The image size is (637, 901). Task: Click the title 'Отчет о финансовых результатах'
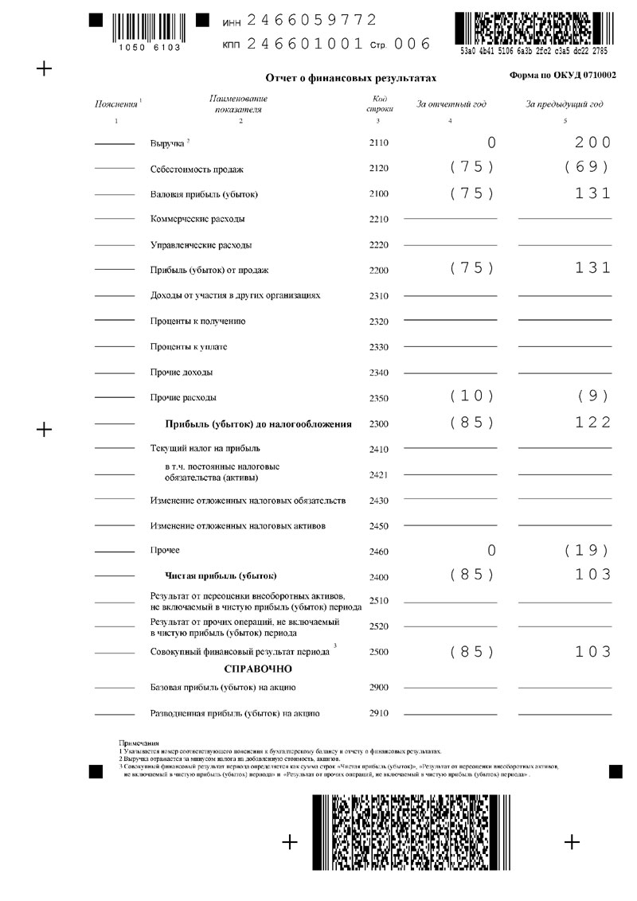tap(351, 79)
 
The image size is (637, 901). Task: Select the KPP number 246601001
tap(305, 44)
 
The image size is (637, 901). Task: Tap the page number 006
tap(412, 44)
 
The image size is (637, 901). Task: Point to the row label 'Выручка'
tap(167, 144)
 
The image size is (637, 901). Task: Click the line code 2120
tap(378, 169)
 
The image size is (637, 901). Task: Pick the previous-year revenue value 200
tap(592, 143)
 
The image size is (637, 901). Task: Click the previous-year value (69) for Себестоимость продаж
tap(585, 168)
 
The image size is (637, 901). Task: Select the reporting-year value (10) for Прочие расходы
tap(471, 396)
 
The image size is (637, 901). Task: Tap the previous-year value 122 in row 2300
tap(592, 423)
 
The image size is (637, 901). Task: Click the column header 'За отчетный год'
tap(451, 104)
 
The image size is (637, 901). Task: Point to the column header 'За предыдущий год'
tap(565, 104)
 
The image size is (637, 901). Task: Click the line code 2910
tap(378, 713)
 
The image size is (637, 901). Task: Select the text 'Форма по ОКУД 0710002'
tap(562, 74)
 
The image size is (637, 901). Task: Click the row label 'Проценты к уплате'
tap(189, 347)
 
